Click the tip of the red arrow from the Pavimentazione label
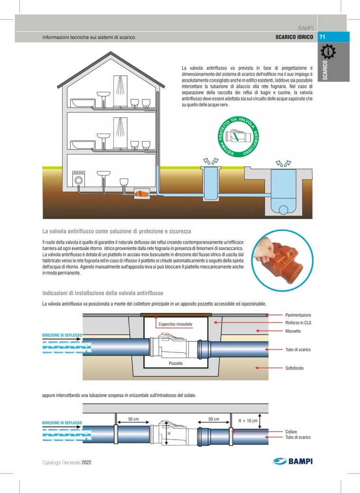[265, 315]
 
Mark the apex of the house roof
[111, 52]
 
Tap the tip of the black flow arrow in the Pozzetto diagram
[82, 339]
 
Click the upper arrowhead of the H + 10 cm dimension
[260, 413]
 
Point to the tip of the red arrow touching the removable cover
[156, 315]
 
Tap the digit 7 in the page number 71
[321, 37]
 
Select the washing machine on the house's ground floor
[79, 178]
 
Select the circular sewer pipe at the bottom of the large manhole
[283, 210]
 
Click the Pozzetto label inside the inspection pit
[176, 363]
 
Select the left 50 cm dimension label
[133, 419]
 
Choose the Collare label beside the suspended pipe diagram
[291, 432]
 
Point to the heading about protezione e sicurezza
[117, 231]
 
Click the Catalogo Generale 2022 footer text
[67, 462]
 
